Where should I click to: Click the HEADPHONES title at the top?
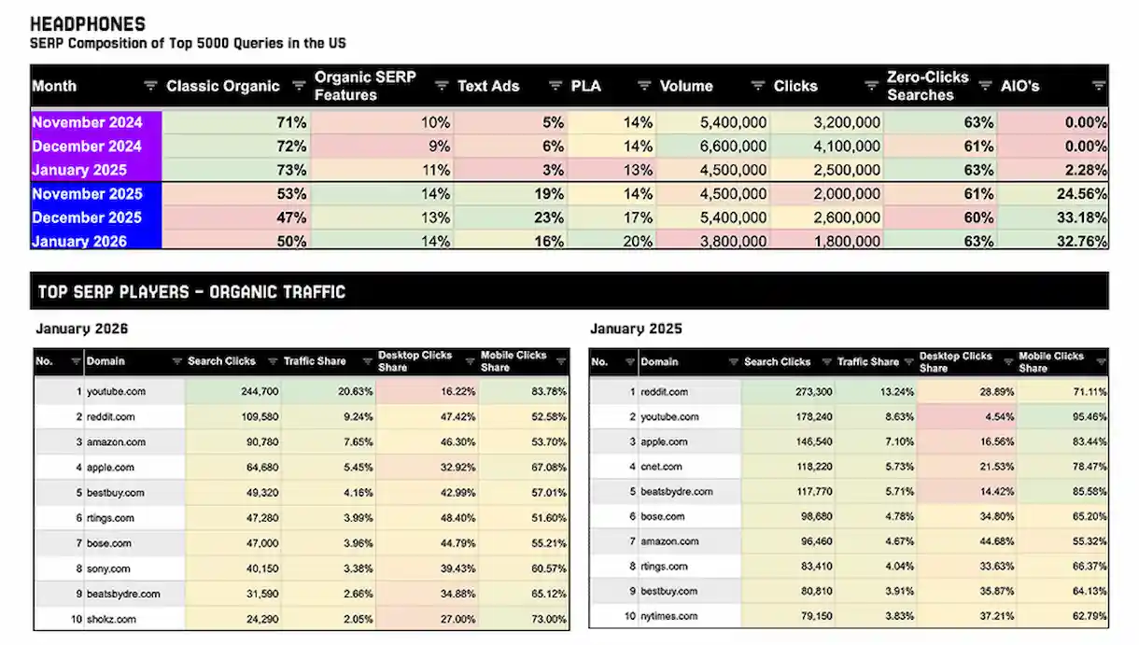tap(88, 24)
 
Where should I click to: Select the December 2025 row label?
tap(87, 217)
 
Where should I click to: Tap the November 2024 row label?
tap(87, 122)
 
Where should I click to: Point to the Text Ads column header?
tap(486, 86)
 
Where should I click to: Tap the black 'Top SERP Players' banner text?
tap(191, 292)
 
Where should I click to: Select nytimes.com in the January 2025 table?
tap(668, 616)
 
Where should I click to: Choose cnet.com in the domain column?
tap(661, 467)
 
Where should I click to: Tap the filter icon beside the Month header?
tap(150, 86)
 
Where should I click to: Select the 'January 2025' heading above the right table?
tap(636, 329)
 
